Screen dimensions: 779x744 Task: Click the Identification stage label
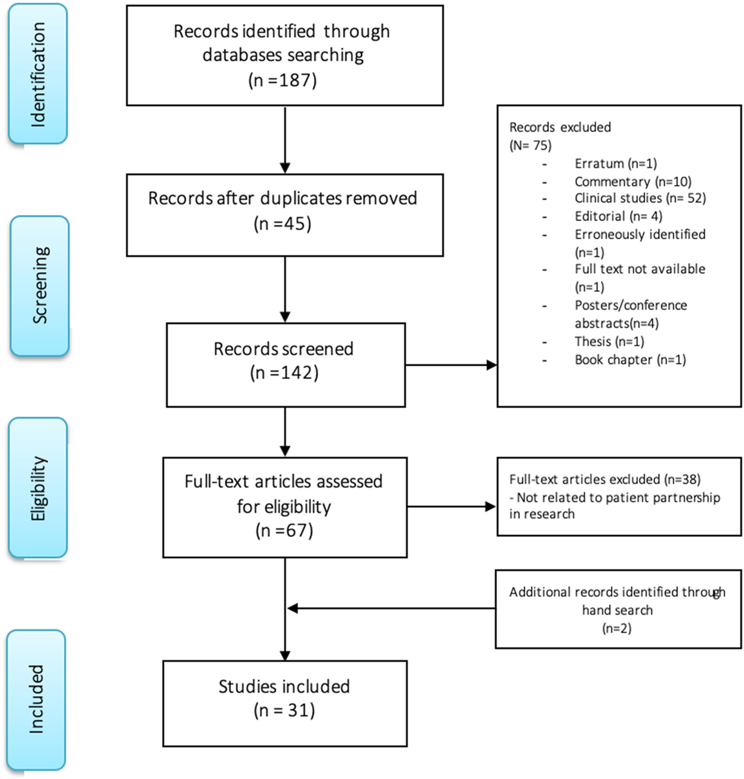pos(38,74)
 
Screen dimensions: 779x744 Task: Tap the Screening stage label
pos(40,286)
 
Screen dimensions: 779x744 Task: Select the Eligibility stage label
pos(38,488)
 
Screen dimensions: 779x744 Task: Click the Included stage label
pos(36,699)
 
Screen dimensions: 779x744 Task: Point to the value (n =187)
pos(282,80)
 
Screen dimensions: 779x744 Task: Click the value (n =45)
pos(282,224)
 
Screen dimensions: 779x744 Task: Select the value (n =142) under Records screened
pos(284,373)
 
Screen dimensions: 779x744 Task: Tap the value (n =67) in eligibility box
pos(284,531)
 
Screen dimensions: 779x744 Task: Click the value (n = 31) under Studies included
pos(284,710)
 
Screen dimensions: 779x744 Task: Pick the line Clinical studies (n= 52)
pos(640,198)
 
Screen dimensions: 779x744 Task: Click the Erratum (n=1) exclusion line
pos(615,164)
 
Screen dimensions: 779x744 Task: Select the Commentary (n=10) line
pos(633,181)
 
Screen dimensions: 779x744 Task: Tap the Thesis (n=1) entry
pos(609,342)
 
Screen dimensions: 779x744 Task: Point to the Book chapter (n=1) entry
pos(630,360)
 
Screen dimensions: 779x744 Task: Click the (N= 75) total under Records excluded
pos(530,145)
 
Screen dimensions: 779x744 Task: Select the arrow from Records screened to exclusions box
pos(451,365)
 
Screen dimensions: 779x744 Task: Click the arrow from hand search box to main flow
pos(391,608)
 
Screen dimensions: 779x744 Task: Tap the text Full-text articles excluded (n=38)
pos(604,479)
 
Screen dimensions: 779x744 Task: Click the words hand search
pos(617,610)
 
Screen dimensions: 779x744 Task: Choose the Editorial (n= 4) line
pos(618,217)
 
